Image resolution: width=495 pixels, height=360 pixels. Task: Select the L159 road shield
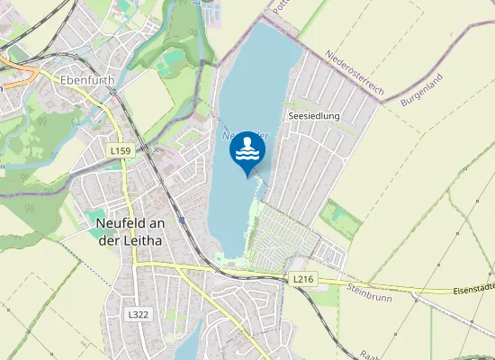click(x=120, y=150)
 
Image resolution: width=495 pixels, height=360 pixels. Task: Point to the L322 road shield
click(x=138, y=314)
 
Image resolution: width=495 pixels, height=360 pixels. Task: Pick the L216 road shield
click(x=303, y=280)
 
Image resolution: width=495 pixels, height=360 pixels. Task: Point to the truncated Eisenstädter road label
click(x=472, y=288)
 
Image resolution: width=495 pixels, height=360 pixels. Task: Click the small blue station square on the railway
click(x=182, y=219)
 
